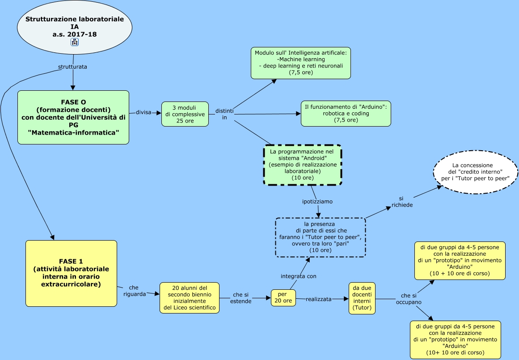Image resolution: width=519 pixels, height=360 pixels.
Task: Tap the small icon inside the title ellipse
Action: (74, 42)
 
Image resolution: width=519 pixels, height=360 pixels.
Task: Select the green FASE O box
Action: (73, 117)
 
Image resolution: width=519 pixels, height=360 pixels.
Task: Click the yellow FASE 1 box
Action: (71, 273)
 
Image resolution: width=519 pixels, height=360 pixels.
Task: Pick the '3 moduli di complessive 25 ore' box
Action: (185, 114)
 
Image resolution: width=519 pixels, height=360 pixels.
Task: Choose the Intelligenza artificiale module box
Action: (300, 63)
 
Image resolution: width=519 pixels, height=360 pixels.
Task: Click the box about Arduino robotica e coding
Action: (346, 114)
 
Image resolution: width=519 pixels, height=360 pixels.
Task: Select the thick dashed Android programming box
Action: (302, 165)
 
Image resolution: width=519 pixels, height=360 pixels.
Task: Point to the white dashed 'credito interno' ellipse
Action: (475, 172)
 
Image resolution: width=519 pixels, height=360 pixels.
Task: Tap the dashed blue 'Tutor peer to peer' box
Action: (320, 237)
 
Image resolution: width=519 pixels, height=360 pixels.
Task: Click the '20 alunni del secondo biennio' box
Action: (190, 298)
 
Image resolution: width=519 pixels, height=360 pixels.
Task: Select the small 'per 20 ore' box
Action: (283, 298)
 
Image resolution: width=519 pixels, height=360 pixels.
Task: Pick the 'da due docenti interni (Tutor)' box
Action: (362, 298)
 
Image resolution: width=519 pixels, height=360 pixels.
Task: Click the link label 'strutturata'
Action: (72, 67)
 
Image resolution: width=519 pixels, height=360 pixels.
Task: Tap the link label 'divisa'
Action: (144, 112)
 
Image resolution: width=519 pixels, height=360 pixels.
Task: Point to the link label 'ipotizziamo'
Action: (317, 202)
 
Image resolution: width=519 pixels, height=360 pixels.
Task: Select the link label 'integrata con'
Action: (299, 276)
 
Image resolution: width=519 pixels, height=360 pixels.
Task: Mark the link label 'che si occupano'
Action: (409, 299)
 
